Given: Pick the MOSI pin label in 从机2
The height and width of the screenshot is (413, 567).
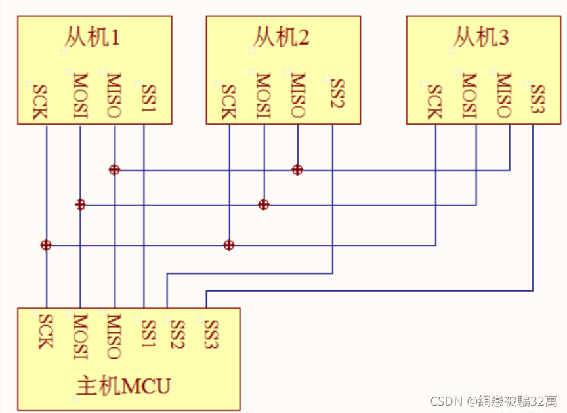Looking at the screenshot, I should (x=263, y=96).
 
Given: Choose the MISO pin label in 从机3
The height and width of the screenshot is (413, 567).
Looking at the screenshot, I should (x=503, y=95).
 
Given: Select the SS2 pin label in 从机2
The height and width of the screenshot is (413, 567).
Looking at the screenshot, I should (x=337, y=98).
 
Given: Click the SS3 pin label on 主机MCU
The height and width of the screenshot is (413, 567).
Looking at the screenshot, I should (x=211, y=334).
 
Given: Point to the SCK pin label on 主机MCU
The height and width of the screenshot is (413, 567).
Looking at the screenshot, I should (x=45, y=331).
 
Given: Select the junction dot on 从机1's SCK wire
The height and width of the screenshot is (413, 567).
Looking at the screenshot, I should (x=46, y=245).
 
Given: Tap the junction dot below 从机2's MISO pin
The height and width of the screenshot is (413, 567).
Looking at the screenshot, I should (x=297, y=170).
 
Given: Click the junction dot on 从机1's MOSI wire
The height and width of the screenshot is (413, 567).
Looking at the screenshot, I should (x=80, y=205).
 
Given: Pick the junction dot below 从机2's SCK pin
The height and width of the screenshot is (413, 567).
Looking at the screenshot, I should (x=228, y=245).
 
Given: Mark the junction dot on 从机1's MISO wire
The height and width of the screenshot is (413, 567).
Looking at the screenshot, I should (x=114, y=170).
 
